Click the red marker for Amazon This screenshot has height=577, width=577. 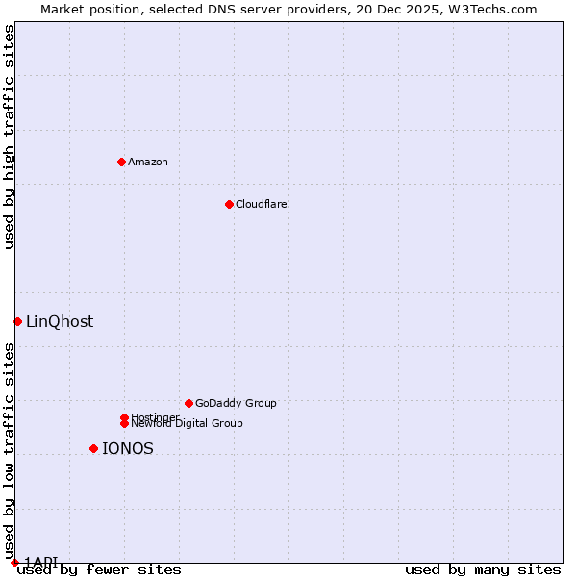pos(121,162)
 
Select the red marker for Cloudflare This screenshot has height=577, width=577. pos(229,204)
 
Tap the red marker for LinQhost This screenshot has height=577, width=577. pos(17,321)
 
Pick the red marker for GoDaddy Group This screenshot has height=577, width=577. pos(188,403)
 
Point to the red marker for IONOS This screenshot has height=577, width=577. pos(93,448)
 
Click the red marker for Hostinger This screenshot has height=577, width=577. pos(124,417)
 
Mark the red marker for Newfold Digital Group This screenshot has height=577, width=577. pos(124,423)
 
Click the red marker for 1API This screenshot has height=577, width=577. pos(14,563)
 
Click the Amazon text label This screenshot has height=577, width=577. pos(148,162)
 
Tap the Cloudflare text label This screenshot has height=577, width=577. pos(262,204)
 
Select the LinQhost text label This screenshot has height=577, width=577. pos(60,322)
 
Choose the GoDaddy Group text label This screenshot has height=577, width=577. pos(236,403)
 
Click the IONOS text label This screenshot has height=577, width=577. pos(128,449)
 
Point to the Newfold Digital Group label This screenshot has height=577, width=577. pos(188,424)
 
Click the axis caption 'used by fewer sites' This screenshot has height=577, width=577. pos(99,569)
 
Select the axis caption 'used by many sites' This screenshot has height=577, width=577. pos(483,569)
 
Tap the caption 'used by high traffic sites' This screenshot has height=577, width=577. pos(10,137)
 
